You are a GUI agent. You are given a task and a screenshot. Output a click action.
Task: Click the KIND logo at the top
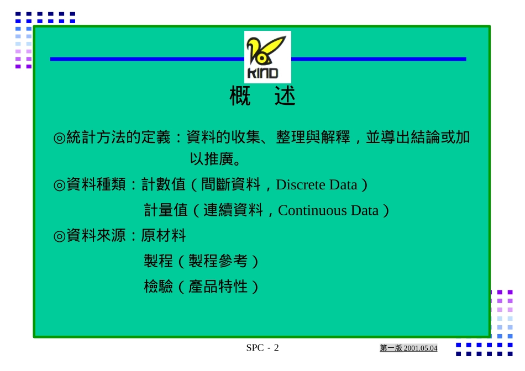267,57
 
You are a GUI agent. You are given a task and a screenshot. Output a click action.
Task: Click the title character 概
240,96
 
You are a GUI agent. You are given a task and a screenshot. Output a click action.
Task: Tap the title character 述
285,96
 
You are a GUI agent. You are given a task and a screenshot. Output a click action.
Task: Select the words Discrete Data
317,184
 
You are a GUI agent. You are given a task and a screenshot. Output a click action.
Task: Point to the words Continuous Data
328,210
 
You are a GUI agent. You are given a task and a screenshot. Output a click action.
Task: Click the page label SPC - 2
262,348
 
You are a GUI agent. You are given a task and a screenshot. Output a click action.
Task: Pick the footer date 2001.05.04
421,348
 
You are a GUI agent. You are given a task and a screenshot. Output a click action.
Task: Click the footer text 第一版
391,348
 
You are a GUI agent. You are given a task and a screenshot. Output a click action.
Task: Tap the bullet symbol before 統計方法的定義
59,137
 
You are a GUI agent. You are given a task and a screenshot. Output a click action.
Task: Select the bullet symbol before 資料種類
59,185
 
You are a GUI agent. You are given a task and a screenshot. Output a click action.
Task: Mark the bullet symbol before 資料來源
59,236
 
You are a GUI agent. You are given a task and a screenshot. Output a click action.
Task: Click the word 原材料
164,236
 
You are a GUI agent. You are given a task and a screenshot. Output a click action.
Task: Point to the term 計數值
164,184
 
